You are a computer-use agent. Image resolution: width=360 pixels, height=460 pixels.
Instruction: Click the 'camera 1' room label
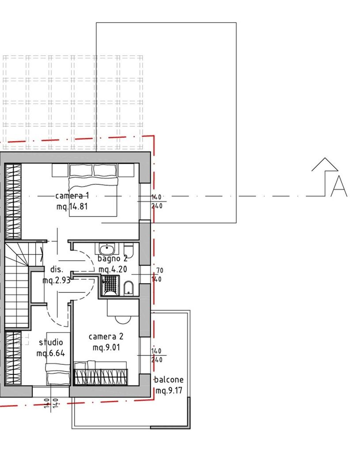[72, 196]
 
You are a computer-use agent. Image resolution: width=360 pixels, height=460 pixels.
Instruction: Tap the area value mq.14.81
[72, 207]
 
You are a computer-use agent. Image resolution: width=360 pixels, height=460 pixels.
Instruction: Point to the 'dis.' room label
[57, 269]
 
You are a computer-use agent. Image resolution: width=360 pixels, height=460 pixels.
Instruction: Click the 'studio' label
[51, 342]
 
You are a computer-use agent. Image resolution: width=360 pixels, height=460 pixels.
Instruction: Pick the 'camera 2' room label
[106, 337]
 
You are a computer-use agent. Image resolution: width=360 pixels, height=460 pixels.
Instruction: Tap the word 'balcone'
[169, 380]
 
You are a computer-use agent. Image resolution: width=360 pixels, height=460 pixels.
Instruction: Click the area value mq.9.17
[169, 391]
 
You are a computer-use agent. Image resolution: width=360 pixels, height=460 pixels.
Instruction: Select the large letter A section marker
[339, 186]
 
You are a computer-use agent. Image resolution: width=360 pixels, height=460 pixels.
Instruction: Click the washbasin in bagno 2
[107, 249]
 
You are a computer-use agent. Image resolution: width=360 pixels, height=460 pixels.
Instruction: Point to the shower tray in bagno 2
[110, 285]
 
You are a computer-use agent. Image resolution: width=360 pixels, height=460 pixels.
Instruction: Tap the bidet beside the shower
[128, 288]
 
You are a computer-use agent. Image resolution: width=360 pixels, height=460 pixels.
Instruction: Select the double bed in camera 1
[93, 190]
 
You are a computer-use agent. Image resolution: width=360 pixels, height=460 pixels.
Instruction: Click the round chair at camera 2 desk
[123, 319]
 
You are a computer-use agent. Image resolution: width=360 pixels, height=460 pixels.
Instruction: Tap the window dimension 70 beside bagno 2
[160, 270]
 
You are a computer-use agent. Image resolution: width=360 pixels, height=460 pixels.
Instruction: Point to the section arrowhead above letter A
[325, 164]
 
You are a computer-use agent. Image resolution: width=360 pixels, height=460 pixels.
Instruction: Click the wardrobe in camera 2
[101, 377]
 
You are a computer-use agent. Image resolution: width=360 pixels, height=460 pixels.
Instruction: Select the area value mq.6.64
[51, 354]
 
